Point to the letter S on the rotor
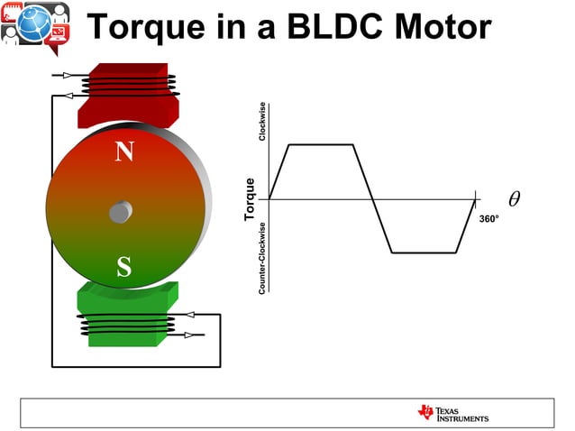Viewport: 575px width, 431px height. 123,267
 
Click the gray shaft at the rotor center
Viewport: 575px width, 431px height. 120,212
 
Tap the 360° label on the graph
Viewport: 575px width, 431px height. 488,219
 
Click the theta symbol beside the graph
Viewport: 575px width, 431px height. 514,197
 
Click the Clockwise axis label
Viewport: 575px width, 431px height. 262,122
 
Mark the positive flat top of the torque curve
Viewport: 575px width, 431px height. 320,144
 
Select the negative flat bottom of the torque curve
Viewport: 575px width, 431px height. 424,252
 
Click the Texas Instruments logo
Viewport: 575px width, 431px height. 452,413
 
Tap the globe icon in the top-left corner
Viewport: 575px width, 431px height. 36,20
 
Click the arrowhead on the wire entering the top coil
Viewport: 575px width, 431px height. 68,76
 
